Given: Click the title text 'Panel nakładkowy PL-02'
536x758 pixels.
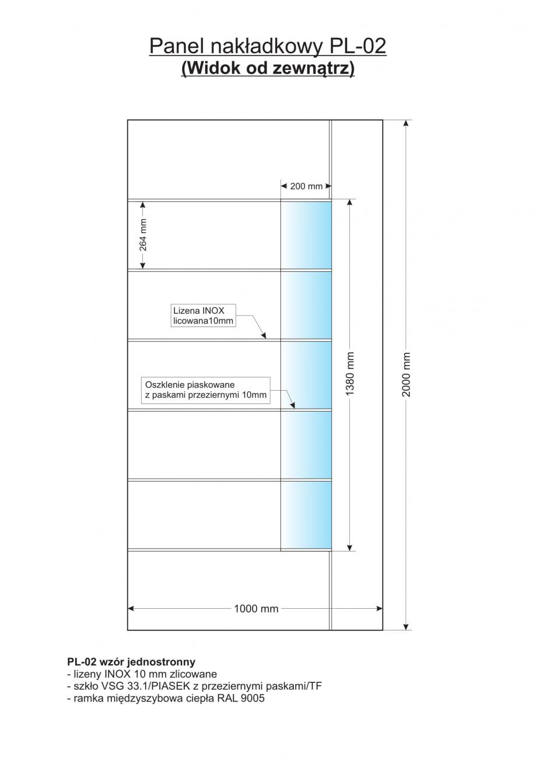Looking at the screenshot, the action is point(268,46).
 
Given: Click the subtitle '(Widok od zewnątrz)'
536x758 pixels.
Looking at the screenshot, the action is point(268,68).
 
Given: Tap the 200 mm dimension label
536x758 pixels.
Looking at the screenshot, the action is point(306,186).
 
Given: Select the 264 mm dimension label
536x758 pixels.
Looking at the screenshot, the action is point(143,235).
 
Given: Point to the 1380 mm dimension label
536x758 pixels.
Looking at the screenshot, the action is point(350,374).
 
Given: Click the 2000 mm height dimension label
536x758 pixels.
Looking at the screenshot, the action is point(407,374).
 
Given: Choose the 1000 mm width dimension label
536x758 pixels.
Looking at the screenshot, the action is point(256,609).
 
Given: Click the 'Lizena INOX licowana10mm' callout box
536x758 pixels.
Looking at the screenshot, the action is point(203,315).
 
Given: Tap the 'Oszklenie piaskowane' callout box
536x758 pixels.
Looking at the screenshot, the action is point(206,390).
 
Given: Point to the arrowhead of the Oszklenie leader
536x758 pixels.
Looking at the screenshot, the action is point(293,405).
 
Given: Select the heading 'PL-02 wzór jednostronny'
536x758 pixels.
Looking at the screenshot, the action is point(131,662).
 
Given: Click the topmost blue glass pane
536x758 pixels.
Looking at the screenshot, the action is point(306,235).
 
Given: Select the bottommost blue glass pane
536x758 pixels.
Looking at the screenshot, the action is point(306,515).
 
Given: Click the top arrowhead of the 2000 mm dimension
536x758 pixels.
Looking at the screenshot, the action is point(406,122).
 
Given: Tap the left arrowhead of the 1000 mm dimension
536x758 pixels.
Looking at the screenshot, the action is point(131,609).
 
